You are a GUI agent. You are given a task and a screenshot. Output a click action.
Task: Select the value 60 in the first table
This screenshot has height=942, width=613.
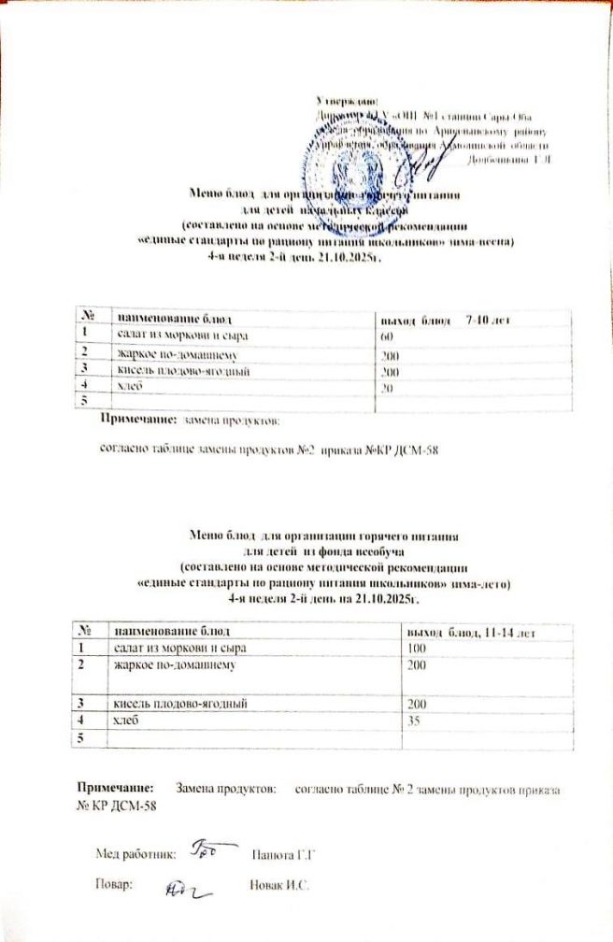pyautogui.click(x=386, y=335)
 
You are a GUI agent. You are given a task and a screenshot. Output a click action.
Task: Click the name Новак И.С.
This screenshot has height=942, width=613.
pyautogui.click(x=279, y=885)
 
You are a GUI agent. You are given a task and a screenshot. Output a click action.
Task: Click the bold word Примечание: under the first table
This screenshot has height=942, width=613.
pyautogui.click(x=136, y=422)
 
